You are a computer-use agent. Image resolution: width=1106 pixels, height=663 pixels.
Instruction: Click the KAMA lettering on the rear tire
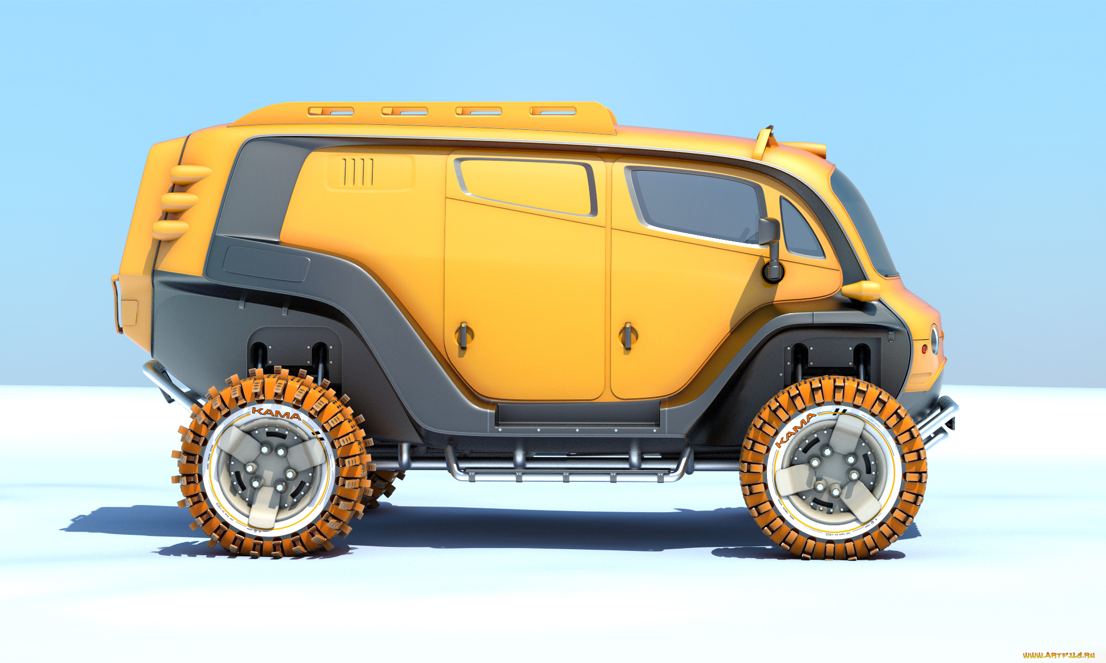(276, 413)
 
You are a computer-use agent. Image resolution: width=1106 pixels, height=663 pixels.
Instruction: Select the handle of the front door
(627, 335)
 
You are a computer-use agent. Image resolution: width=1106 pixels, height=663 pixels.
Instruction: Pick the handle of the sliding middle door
(463, 335)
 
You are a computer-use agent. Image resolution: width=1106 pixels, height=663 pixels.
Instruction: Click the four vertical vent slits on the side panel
(358, 172)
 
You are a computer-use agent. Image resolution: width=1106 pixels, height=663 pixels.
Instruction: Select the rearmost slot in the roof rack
(331, 111)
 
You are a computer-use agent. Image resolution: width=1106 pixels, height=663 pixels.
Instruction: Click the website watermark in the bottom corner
(1058, 655)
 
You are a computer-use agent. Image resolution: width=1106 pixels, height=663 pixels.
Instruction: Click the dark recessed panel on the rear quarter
(266, 264)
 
